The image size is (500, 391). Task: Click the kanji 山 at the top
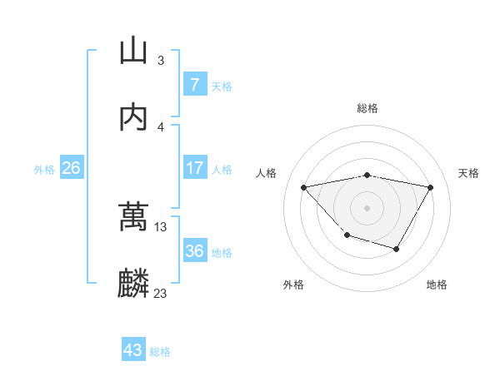point(133,51)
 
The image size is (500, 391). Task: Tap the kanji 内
point(133,117)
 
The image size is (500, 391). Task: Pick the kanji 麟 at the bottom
point(133,284)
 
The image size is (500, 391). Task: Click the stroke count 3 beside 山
point(161,60)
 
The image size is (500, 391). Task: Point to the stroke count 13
point(161,226)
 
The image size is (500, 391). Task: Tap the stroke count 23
point(161,293)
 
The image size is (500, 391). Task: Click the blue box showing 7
point(194,85)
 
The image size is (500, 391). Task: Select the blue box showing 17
point(194,168)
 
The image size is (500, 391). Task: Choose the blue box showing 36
point(194,251)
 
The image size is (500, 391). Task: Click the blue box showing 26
point(72,168)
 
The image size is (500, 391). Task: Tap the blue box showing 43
point(133,350)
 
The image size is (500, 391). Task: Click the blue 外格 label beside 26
point(44,169)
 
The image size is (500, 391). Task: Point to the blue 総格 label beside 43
point(160,351)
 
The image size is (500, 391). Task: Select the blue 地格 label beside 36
point(222,252)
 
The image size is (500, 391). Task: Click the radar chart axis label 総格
point(367,108)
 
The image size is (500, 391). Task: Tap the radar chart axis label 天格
point(468,173)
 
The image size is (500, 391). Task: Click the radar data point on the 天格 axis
point(431,187)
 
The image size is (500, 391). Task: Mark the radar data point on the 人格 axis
point(303,187)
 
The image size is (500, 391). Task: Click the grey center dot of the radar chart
point(367,207)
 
